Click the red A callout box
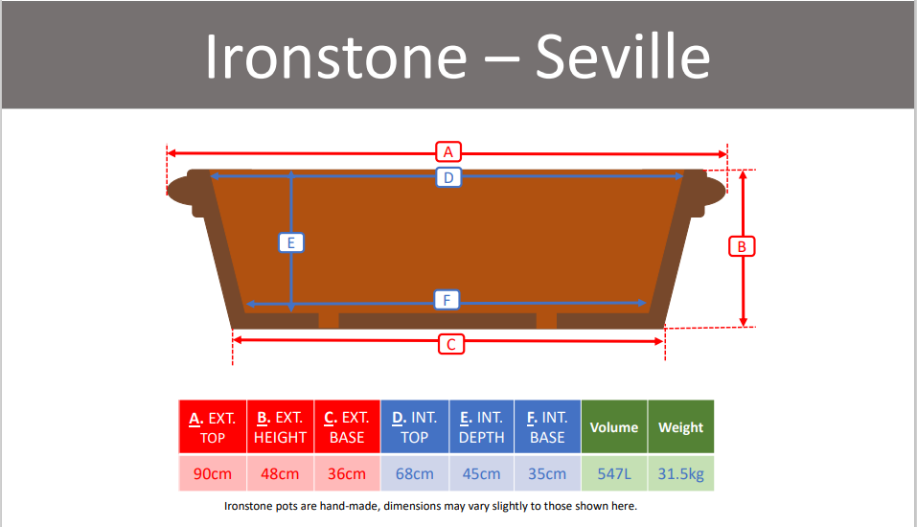[x=448, y=152]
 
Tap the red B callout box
[x=742, y=246]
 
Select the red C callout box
[x=451, y=344]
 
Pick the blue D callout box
[x=448, y=177]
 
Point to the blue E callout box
[x=290, y=242]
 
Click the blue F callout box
[x=447, y=300]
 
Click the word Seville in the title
[x=623, y=57]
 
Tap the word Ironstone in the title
[x=335, y=57]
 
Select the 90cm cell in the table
[x=213, y=473]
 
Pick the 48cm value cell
[x=280, y=473]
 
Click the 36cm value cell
[x=347, y=473]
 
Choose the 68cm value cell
[x=415, y=473]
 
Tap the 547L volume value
[x=614, y=473]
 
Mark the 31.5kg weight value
[x=680, y=473]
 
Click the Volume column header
[x=614, y=427]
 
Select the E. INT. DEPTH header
[x=481, y=427]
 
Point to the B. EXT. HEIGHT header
[x=280, y=427]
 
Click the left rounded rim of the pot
[x=180, y=190]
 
